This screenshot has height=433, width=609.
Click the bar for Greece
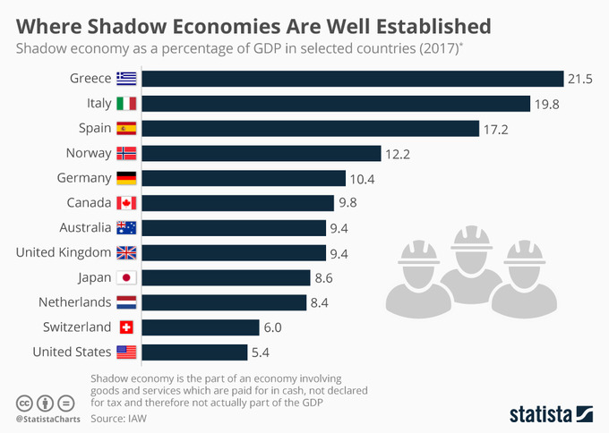[x=352, y=79]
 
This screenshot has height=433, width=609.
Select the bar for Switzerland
[x=200, y=327]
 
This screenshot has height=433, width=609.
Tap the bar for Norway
[x=261, y=153]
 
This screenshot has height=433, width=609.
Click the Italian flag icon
[x=126, y=104]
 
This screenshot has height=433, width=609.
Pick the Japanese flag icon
[x=126, y=277]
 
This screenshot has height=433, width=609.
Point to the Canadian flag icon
[x=126, y=203]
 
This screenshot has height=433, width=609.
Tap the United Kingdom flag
[x=126, y=252]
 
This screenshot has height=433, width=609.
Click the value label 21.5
[x=579, y=80]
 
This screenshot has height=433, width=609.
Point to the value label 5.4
[x=262, y=352]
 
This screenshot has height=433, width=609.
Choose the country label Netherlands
[x=74, y=301]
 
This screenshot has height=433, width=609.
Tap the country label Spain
[x=94, y=129]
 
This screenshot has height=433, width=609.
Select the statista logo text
[x=540, y=413]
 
